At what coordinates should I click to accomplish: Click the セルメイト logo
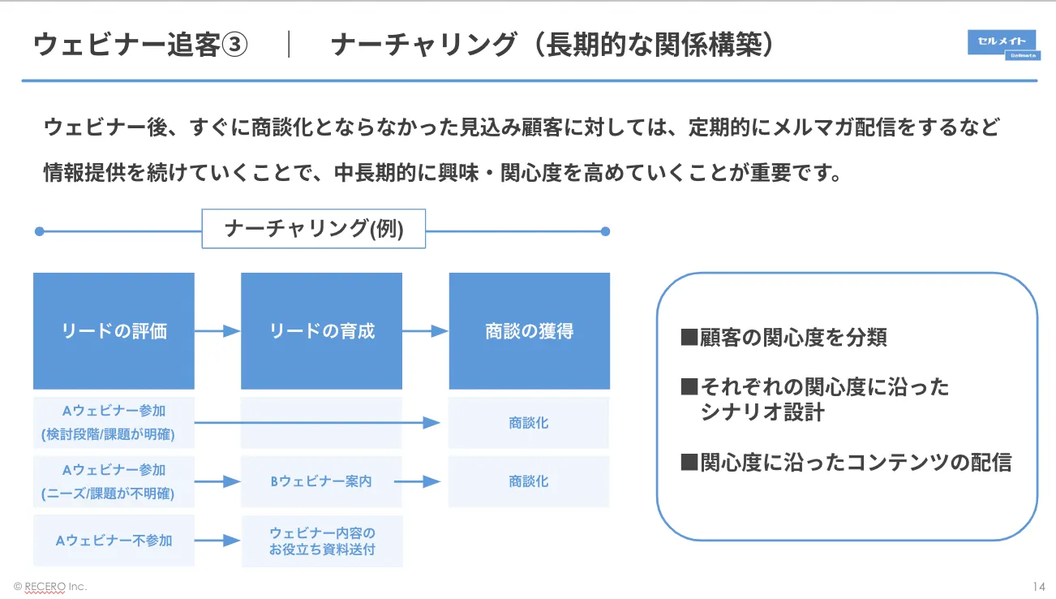tap(1003, 45)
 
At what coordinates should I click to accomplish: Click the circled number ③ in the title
tap(234, 45)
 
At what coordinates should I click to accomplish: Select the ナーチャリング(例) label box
tap(314, 229)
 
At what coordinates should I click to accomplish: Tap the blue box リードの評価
tap(114, 331)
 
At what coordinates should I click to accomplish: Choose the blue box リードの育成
tap(321, 331)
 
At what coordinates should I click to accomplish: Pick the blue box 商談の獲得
tap(529, 331)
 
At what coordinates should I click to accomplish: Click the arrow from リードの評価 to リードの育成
tap(217, 331)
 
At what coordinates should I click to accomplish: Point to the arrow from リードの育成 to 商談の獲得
tap(425, 331)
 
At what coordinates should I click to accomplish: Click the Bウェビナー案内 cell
tap(321, 481)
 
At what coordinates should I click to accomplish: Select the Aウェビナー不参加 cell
tap(114, 541)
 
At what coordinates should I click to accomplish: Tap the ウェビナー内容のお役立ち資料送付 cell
tap(322, 541)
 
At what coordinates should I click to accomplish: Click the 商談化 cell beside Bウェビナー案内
tap(529, 481)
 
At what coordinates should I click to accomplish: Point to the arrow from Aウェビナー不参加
tap(217, 541)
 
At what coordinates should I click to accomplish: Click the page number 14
tap(1039, 586)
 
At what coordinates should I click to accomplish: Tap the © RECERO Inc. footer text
tap(50, 587)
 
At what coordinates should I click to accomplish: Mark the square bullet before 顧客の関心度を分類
tap(689, 337)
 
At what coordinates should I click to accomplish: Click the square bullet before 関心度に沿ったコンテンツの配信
tap(689, 462)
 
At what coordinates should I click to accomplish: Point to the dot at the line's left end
tap(40, 231)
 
